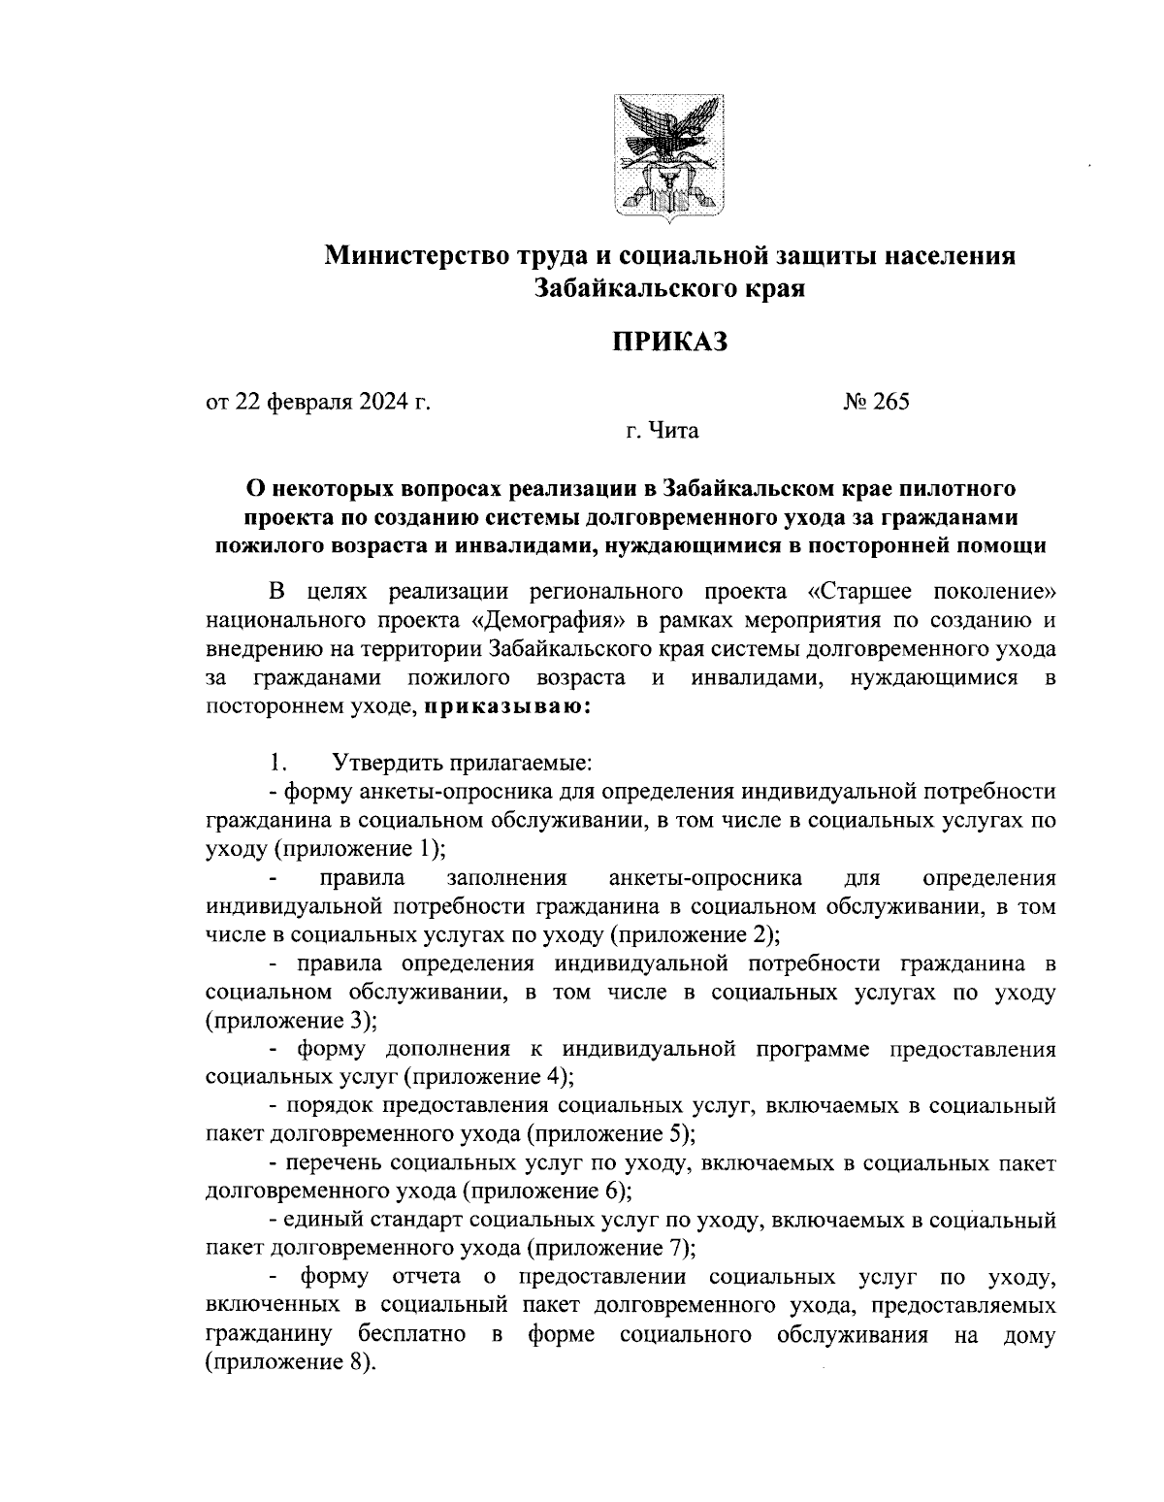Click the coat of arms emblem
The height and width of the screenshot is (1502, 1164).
[669, 154]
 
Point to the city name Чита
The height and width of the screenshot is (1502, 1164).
[675, 430]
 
